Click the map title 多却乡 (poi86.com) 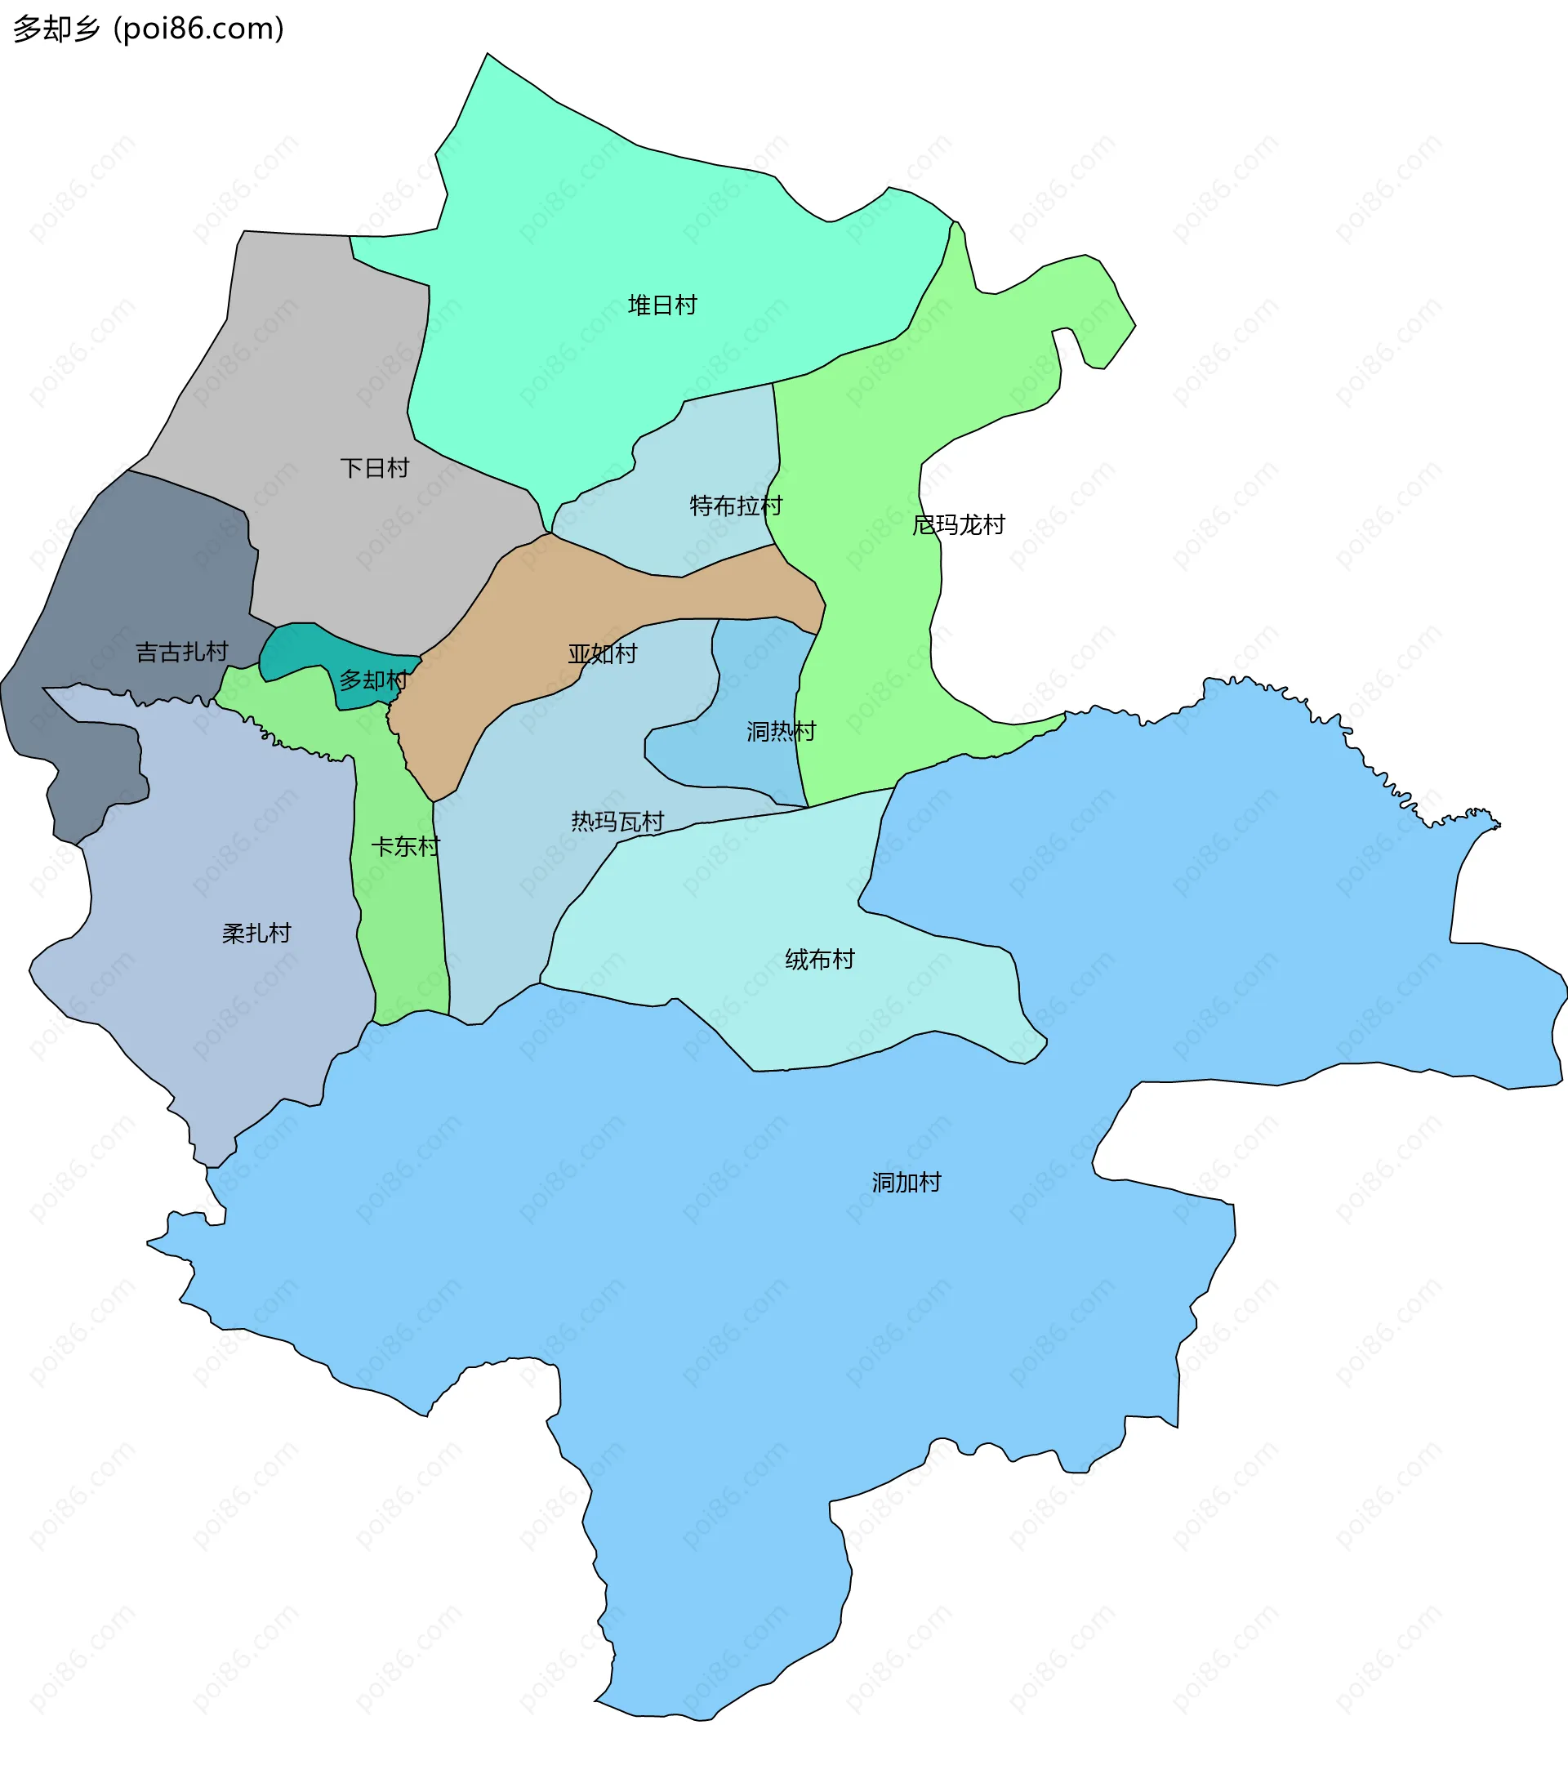tap(149, 29)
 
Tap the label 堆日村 tap(662, 305)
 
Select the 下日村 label tap(374, 469)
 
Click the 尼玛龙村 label tap(958, 525)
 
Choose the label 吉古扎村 tap(181, 652)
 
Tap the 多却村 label tap(373, 680)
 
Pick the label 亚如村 tap(602, 653)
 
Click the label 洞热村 tap(781, 732)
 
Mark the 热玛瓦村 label tap(617, 821)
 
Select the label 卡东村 tap(405, 846)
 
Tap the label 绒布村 tap(819, 959)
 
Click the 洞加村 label tap(906, 1182)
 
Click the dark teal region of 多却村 tap(295, 647)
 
